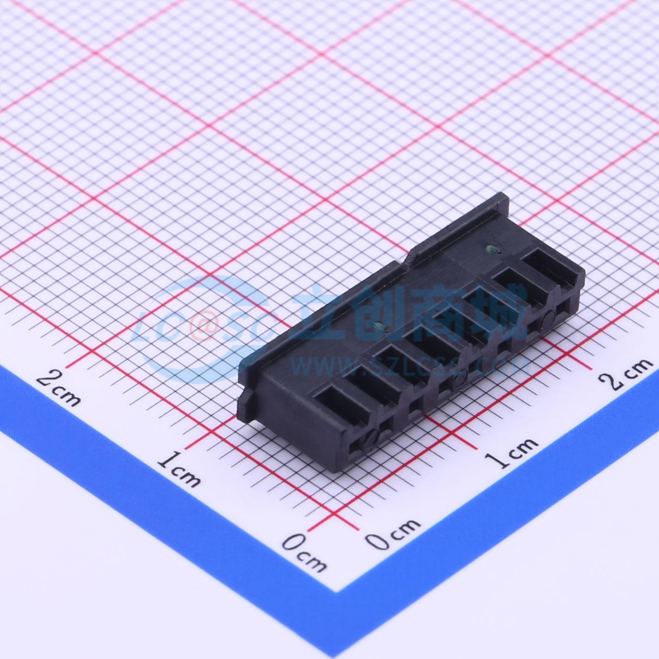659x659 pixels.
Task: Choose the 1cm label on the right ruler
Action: point(511,452)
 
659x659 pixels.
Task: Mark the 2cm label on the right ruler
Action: point(630,374)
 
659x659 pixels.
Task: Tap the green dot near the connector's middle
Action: point(380,327)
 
